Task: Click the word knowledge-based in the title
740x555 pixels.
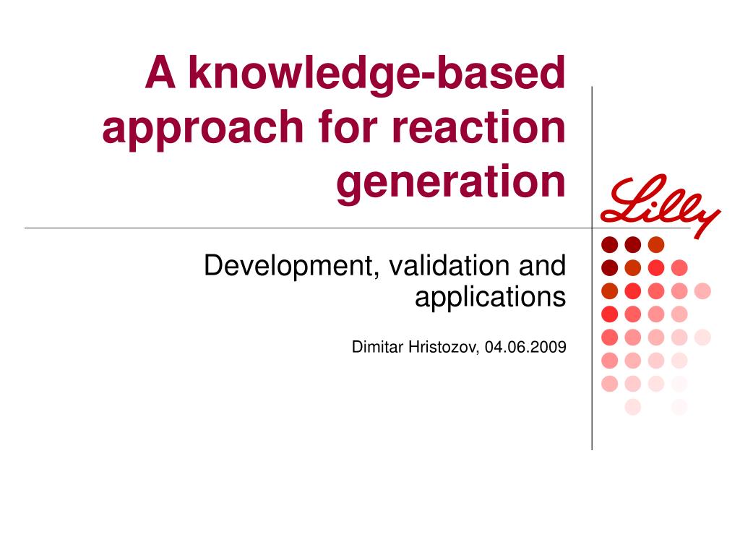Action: coord(377,74)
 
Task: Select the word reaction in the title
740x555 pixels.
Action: coord(479,126)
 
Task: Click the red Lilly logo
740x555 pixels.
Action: coord(660,205)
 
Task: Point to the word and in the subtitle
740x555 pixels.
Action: coord(542,265)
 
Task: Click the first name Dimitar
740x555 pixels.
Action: coord(377,347)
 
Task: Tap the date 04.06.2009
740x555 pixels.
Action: coord(525,347)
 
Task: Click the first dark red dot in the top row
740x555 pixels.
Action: coord(610,244)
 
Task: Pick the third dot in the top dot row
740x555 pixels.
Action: coord(656,244)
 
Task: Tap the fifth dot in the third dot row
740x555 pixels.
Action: coord(702,291)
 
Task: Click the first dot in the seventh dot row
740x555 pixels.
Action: coord(610,383)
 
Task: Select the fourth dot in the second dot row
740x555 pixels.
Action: coord(679,267)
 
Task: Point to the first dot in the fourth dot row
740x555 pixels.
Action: coord(610,314)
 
